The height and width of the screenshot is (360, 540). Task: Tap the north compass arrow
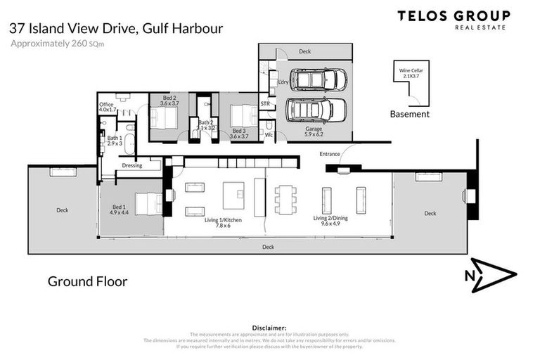(x=491, y=275)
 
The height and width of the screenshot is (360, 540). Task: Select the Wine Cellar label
(x=412, y=73)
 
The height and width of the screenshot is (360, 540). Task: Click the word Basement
(x=409, y=114)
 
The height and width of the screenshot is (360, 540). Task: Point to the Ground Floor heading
(x=87, y=281)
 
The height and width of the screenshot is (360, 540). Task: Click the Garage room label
(x=314, y=131)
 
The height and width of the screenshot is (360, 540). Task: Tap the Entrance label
(x=330, y=153)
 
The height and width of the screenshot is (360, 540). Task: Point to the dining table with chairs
(x=285, y=199)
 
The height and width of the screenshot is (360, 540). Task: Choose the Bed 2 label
(x=169, y=100)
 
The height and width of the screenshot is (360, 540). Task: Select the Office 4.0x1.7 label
(x=108, y=107)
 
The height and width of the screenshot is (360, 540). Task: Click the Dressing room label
(x=131, y=166)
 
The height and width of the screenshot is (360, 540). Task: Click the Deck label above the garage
(x=304, y=51)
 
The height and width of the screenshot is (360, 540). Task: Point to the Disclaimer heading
(x=270, y=328)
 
